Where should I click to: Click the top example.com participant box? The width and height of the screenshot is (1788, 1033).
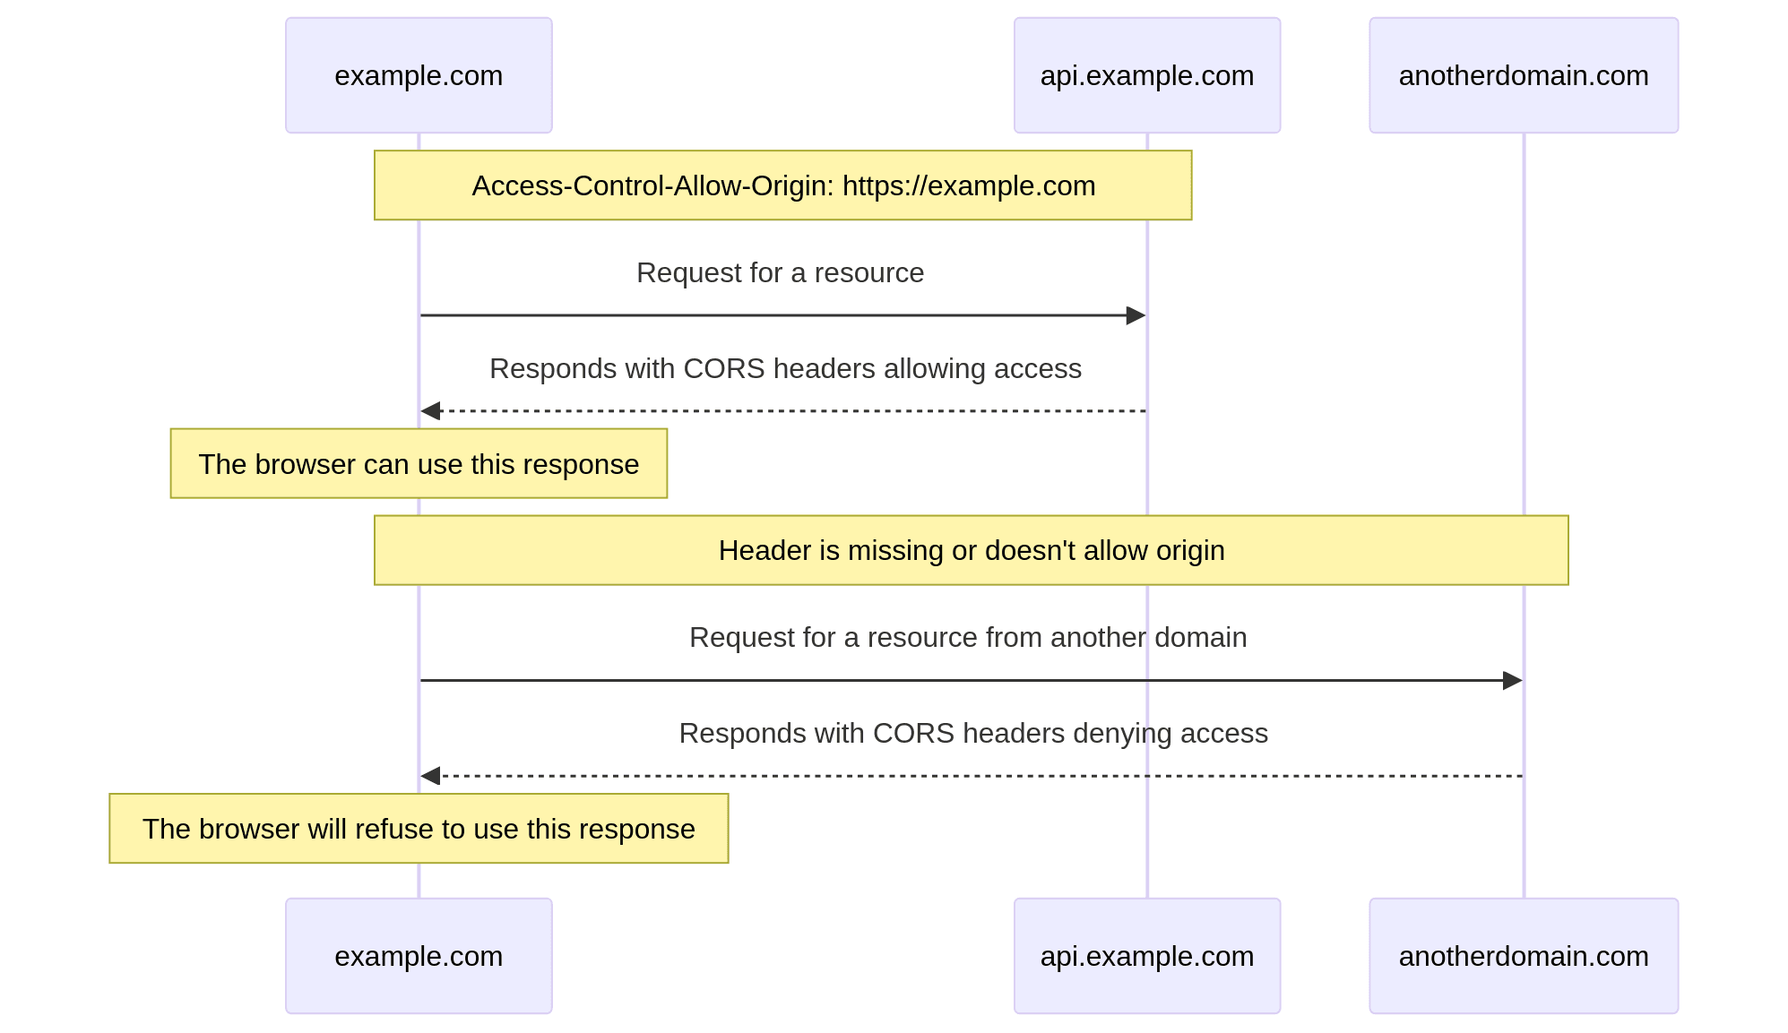coord(419,75)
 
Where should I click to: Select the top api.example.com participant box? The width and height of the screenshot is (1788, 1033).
coord(1146,75)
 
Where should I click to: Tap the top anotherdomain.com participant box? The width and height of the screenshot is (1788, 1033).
coord(1523,75)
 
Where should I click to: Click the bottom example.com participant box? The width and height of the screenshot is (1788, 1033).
coord(419,956)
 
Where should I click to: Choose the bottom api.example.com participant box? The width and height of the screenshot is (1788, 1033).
coord(1146,956)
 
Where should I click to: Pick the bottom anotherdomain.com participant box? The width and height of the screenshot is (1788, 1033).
coord(1523,956)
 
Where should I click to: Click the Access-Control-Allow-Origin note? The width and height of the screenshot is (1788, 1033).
coord(782,185)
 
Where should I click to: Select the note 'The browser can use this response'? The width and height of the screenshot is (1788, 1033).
coord(419,464)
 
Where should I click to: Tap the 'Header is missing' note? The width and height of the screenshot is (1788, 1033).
coord(971,550)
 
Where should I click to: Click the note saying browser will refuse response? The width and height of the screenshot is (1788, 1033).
coord(419,829)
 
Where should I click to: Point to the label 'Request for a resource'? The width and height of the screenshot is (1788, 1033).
coord(780,272)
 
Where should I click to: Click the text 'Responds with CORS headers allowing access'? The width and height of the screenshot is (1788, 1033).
coord(785,368)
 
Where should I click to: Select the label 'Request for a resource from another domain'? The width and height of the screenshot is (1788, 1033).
coord(968,637)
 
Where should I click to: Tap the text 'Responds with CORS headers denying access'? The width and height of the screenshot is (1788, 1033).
coord(973,733)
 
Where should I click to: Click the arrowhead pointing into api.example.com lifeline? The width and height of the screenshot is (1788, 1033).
coord(1136,315)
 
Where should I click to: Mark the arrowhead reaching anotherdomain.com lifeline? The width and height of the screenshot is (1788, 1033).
coord(1512,680)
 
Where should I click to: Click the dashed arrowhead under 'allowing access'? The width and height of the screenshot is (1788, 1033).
coord(431,411)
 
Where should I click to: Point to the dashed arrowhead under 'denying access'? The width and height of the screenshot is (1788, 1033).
coord(431,776)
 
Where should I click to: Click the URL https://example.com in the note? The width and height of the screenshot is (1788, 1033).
coord(969,185)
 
